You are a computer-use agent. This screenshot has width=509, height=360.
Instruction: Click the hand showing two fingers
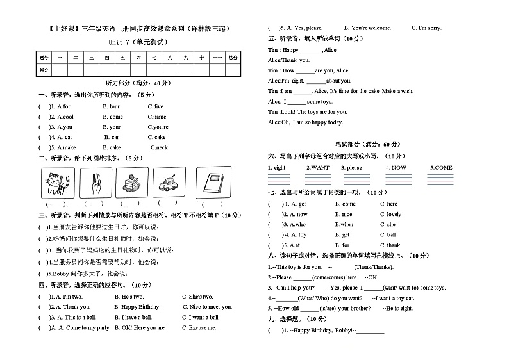click(x=95, y=183)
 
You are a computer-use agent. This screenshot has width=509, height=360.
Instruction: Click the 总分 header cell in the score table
click(x=233, y=58)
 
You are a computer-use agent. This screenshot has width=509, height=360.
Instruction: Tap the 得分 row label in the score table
click(x=44, y=69)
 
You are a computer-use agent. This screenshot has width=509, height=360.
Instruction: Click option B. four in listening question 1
click(x=111, y=106)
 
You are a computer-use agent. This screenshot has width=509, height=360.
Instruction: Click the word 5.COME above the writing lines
click(x=441, y=168)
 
